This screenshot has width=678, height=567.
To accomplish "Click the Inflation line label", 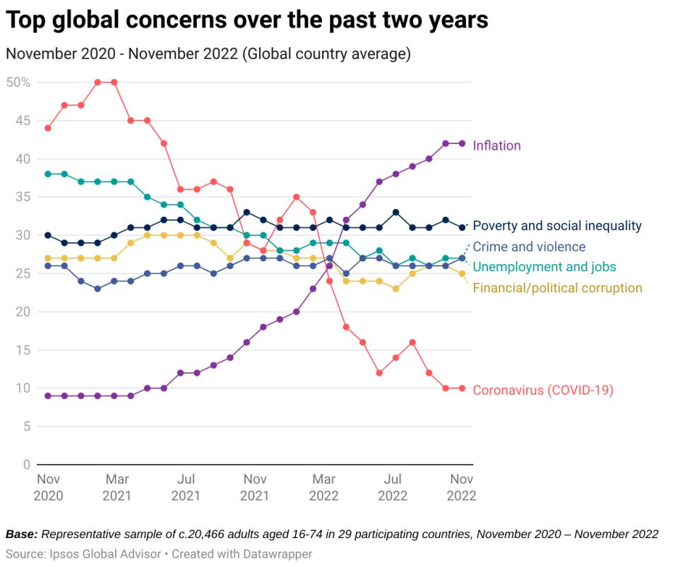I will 496,146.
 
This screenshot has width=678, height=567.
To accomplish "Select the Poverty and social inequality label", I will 557,226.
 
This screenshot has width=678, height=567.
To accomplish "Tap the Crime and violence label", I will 529,246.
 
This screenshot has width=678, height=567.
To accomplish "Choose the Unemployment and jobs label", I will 544,267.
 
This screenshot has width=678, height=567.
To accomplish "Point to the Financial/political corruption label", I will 557,287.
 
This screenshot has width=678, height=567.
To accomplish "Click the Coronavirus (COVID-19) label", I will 542,390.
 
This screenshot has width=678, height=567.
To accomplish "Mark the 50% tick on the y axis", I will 18,82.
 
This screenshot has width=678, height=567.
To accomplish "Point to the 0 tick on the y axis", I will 26,465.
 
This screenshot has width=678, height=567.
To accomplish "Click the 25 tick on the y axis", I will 23,273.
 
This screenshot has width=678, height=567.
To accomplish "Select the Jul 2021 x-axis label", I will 186,487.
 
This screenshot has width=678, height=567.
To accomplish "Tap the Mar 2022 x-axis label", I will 323,487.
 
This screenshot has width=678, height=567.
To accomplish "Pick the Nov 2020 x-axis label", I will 48,487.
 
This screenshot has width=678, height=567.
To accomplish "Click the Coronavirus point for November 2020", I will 48,128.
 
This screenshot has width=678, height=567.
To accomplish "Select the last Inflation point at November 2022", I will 462,143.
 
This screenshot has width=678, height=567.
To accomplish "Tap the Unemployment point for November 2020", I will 48,174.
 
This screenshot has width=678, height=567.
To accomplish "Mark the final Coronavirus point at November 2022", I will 462,388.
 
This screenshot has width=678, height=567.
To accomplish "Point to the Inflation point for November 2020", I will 48,396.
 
